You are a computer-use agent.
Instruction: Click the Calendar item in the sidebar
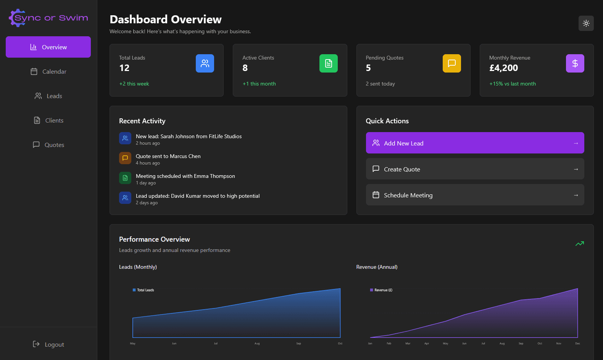[x=48, y=71]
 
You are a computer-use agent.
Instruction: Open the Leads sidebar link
[x=48, y=96]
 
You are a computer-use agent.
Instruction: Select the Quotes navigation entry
[x=48, y=145]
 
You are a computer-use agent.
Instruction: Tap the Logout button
[x=48, y=344]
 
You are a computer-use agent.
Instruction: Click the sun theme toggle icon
[x=586, y=23]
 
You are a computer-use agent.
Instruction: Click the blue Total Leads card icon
[x=205, y=63]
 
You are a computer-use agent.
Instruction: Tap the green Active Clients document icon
[x=328, y=63]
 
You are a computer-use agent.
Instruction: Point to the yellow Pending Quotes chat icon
[x=451, y=63]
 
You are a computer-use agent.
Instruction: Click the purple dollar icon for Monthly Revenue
[x=575, y=63]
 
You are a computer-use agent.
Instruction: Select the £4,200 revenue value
[x=503, y=68]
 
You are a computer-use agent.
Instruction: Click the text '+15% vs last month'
[x=513, y=84]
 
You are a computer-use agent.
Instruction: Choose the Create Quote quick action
[x=475, y=169]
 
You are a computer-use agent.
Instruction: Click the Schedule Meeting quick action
[x=475, y=195]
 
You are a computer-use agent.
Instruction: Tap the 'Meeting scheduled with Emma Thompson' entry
[x=185, y=176]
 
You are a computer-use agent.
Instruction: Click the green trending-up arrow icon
[x=579, y=244]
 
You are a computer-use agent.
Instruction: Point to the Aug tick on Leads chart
[x=257, y=343]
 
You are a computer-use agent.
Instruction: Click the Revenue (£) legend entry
[x=381, y=290]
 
